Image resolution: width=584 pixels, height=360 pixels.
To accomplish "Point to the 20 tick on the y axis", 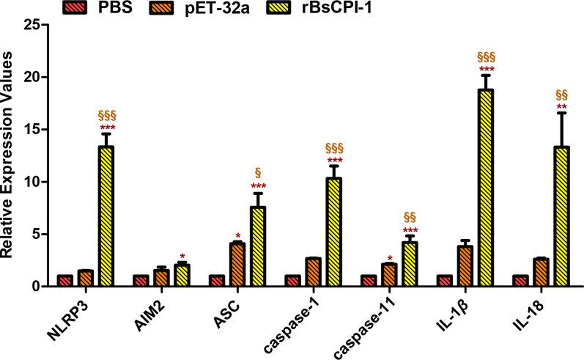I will [44, 77].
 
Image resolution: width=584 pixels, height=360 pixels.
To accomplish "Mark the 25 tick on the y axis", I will [44, 25].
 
